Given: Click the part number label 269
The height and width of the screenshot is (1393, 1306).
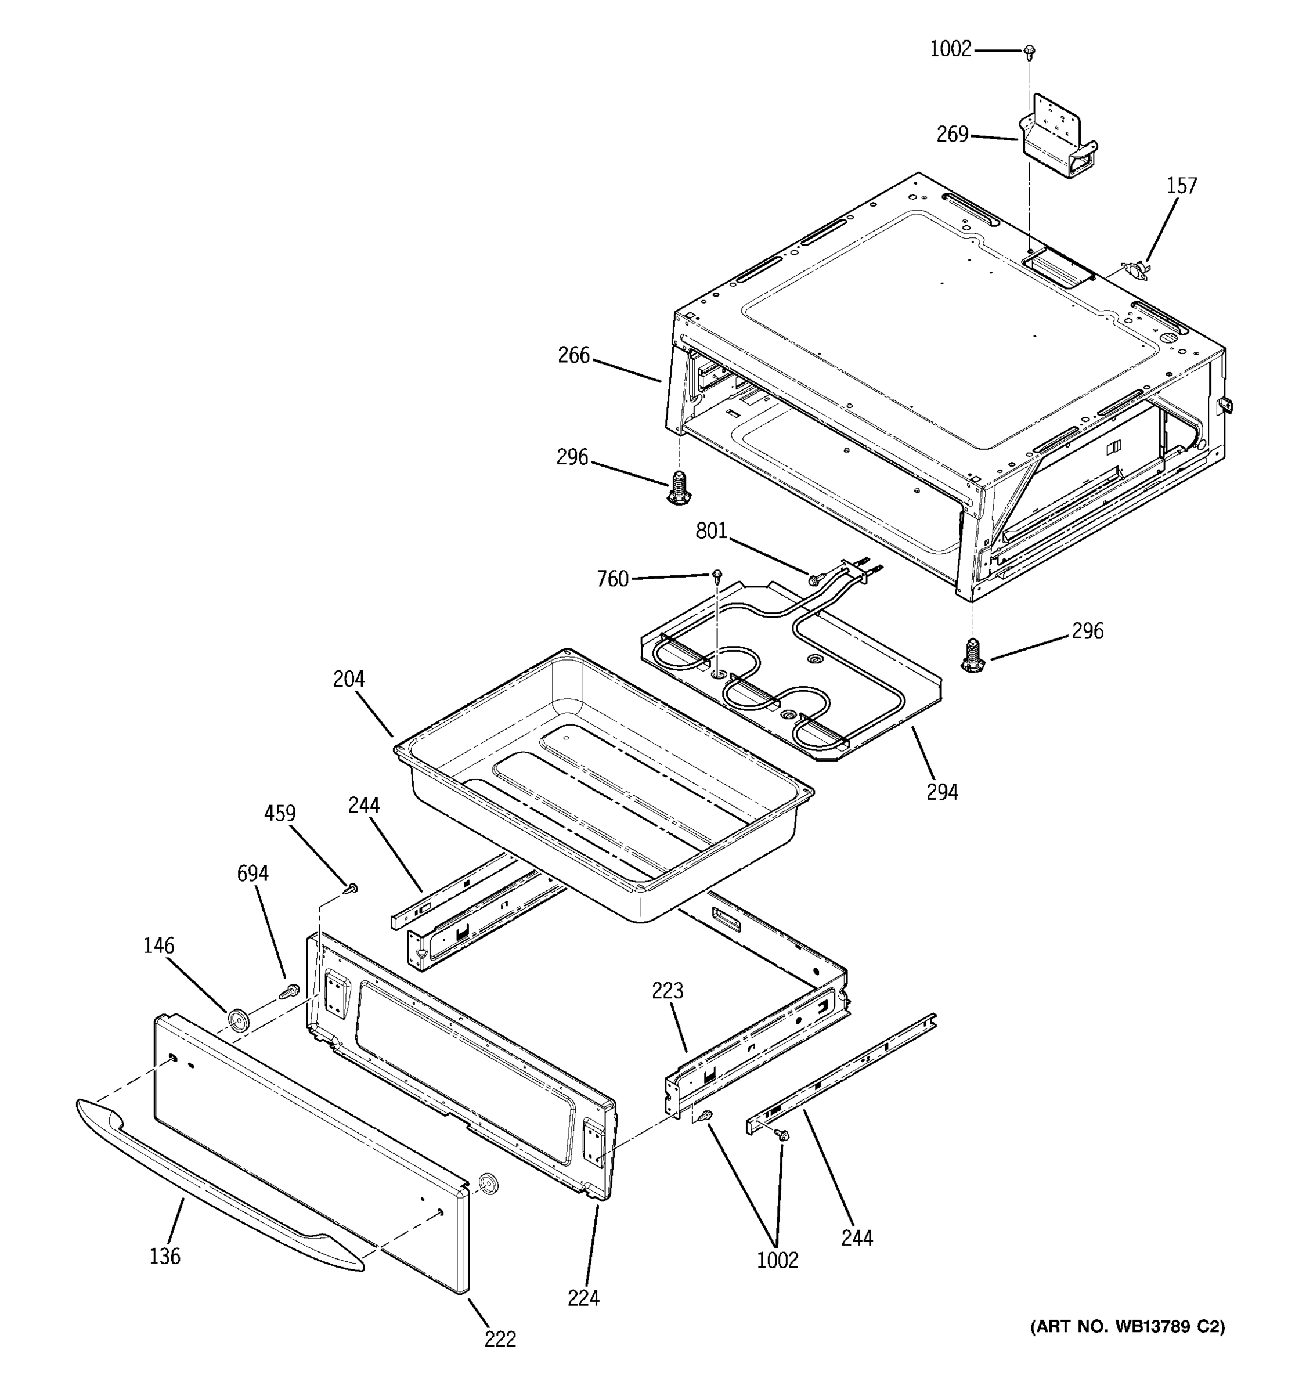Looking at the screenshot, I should coord(952,134).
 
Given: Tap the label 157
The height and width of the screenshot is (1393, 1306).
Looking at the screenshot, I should coord(1181,186).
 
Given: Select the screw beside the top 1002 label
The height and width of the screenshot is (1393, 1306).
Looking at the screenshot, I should coord(1029,50).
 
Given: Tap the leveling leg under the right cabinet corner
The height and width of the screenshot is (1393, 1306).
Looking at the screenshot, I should coord(972,655).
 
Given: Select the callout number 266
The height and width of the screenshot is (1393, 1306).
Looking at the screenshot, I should coord(573,355).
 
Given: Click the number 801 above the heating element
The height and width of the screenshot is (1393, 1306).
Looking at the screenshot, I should coord(711,531).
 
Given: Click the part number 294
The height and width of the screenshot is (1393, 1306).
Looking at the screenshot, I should coord(941,792).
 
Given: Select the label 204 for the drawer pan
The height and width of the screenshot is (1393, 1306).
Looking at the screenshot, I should coord(349,679).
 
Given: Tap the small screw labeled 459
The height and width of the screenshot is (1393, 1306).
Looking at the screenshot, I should coord(352,889).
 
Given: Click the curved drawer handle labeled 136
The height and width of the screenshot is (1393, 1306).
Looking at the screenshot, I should coord(210,1181).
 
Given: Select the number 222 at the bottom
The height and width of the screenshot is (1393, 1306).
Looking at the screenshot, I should coord(500,1339).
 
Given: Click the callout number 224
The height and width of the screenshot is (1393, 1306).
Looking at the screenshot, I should coord(583,1298).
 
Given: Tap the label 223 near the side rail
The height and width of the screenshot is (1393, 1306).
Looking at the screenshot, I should coord(667,991).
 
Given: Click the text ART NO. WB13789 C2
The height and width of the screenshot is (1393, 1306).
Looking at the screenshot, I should coord(1127,1326).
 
